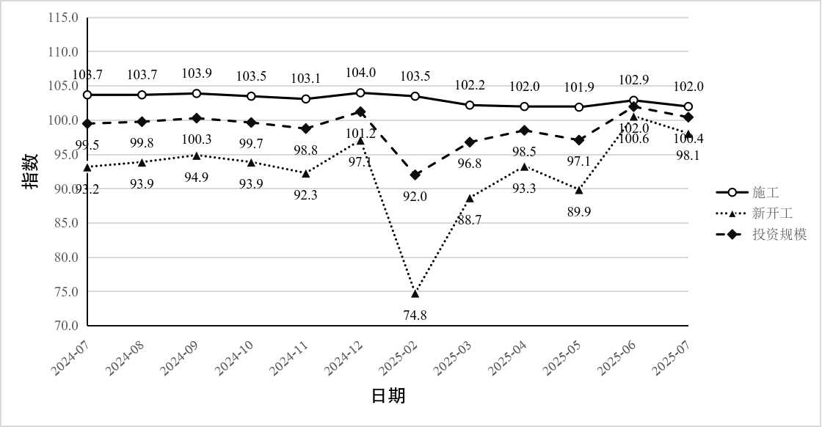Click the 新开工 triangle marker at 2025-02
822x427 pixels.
415,293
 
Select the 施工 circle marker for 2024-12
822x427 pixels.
360,92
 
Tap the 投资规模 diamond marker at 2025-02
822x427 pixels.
415,175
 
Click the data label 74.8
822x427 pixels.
415,315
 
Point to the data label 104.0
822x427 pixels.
361,73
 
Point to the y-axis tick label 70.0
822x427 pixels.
65,326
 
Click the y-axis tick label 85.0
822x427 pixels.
65,223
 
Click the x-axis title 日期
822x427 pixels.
388,396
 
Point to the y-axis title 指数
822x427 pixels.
30,176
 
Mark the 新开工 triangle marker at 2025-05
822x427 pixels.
579,190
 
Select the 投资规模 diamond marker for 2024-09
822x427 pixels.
197,118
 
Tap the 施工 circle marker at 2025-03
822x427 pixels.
470,105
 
